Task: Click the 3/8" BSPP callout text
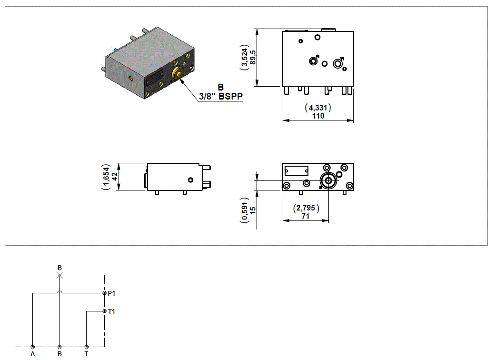click(x=221, y=97)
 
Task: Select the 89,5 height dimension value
click(x=253, y=58)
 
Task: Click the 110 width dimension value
click(x=318, y=116)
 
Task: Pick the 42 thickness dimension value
click(x=115, y=177)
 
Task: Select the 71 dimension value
click(x=305, y=216)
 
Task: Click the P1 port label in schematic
click(x=112, y=293)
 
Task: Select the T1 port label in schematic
click(x=112, y=311)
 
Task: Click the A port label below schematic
click(x=32, y=354)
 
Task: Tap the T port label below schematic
click(x=86, y=354)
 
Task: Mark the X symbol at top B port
click(x=59, y=275)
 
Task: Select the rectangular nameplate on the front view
click(x=296, y=170)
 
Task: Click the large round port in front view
click(x=327, y=180)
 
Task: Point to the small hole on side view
click(x=190, y=180)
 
